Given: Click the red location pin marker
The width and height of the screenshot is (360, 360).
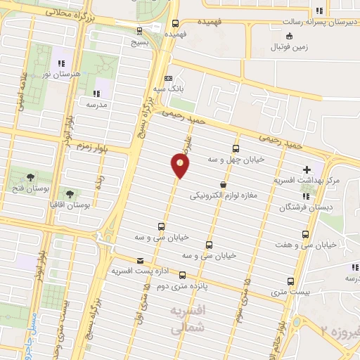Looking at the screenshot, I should coord(180,166).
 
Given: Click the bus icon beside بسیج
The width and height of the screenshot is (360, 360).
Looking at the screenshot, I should coord(139,30).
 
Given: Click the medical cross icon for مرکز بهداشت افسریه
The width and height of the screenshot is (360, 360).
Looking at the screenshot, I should coord(307,169).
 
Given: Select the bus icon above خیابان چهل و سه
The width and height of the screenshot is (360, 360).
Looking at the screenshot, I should coord(236,148).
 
